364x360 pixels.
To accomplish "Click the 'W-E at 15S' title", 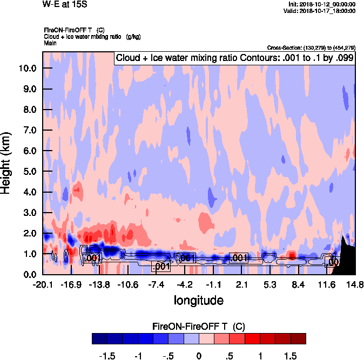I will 64,4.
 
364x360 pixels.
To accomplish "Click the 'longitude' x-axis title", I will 198,300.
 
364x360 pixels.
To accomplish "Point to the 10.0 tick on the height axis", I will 28,69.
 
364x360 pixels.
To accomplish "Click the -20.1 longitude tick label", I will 43,284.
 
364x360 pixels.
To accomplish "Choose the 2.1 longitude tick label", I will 241,284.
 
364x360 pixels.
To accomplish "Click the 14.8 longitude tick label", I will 355,284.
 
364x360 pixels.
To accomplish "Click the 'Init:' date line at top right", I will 322,4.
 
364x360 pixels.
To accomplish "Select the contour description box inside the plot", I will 234,58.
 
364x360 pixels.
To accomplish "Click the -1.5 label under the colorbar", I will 109,356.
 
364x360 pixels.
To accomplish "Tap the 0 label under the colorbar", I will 199,356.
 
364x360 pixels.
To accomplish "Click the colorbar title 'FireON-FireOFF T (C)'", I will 199,326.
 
